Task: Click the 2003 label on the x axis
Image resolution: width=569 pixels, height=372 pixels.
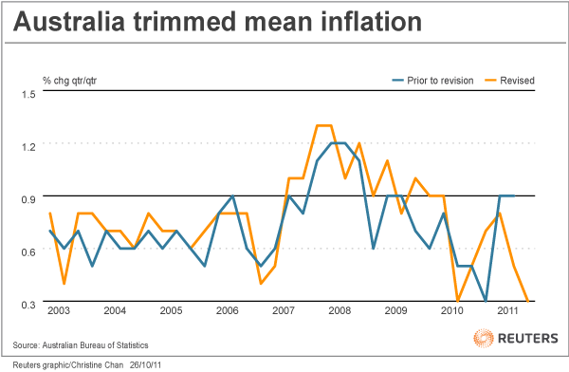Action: (x=58, y=311)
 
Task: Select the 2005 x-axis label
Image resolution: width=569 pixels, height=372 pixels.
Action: (x=171, y=311)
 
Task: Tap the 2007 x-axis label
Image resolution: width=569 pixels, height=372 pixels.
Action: (x=284, y=311)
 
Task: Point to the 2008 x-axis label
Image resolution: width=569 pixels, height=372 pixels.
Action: (x=340, y=311)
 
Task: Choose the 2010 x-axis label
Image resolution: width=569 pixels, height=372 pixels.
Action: (x=452, y=311)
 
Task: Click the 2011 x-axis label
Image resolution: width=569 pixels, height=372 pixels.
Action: (x=508, y=311)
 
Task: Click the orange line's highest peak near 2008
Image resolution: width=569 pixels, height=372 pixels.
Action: (x=323, y=125)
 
